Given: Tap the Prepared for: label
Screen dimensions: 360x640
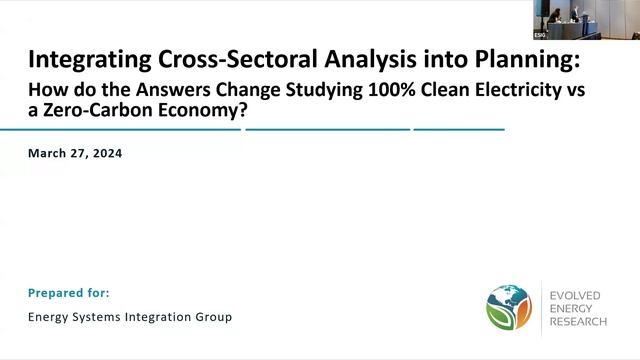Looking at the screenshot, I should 69,293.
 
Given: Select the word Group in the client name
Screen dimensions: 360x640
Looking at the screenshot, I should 215,317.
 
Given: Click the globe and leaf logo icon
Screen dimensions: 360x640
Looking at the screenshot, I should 508,306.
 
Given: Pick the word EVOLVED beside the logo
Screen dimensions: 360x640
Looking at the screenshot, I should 580,295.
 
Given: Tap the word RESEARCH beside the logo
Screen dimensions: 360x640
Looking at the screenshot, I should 582,319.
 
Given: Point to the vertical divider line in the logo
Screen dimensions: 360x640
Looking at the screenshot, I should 541,306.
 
